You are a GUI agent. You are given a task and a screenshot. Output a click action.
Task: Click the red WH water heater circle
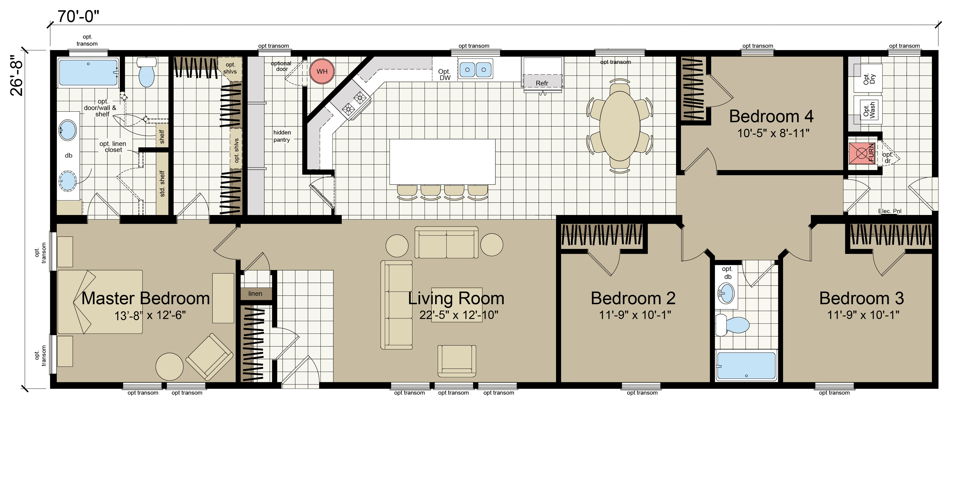point(322,72)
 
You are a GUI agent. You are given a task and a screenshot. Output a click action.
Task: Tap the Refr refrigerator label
point(542,83)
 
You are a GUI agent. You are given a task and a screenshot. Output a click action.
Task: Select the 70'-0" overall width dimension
point(78,16)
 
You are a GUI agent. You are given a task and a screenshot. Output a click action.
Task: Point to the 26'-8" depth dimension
point(17,76)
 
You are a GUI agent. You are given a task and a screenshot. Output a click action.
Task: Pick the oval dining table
point(620,126)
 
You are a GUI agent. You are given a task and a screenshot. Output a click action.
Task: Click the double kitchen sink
point(475,69)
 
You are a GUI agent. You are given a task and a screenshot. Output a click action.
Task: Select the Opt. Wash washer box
point(868,110)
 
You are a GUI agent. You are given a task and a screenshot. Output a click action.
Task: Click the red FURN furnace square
point(862,153)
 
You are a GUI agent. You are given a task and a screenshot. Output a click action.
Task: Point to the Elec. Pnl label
point(890,211)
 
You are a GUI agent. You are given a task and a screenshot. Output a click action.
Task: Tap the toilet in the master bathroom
point(146,72)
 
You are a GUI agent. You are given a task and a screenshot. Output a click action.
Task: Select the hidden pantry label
point(282,136)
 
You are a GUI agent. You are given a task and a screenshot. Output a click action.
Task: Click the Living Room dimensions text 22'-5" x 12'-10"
point(459,315)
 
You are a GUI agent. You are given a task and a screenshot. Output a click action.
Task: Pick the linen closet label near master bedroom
point(255,294)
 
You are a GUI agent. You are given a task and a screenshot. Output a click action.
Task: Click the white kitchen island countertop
point(442,162)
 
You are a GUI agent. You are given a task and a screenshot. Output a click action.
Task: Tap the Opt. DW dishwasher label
point(444,75)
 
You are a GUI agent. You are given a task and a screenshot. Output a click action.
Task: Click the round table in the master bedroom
point(170,367)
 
